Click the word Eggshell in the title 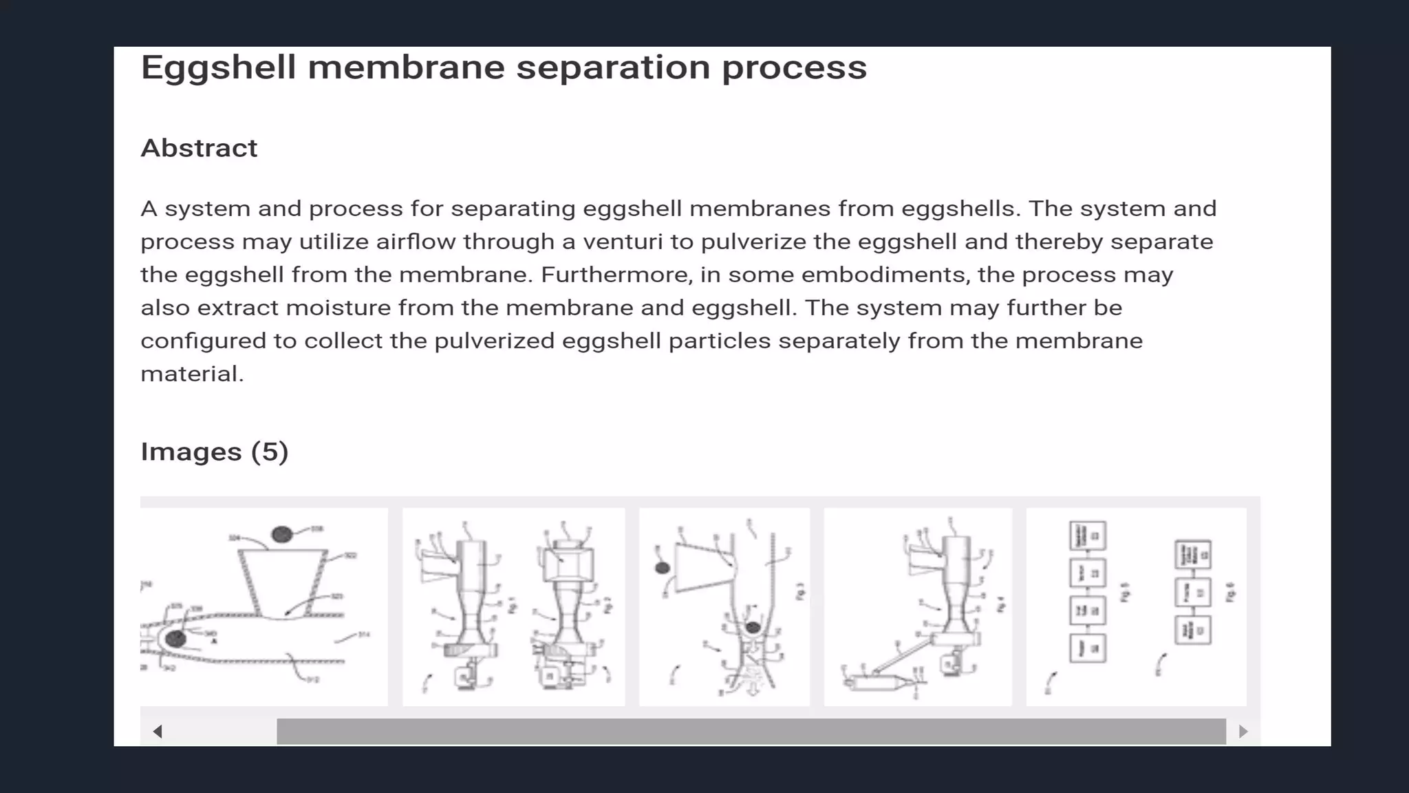click(218, 68)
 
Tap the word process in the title click(794, 68)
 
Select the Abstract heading click(199, 148)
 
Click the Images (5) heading click(214, 452)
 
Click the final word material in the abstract click(191, 374)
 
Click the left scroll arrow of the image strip click(158, 731)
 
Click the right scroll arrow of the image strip click(1243, 731)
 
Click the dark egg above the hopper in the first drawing click(281, 533)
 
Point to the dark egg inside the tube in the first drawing click(175, 638)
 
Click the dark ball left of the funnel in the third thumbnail click(662, 568)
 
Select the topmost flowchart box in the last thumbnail click(1087, 535)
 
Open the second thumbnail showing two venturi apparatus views click(513, 606)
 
